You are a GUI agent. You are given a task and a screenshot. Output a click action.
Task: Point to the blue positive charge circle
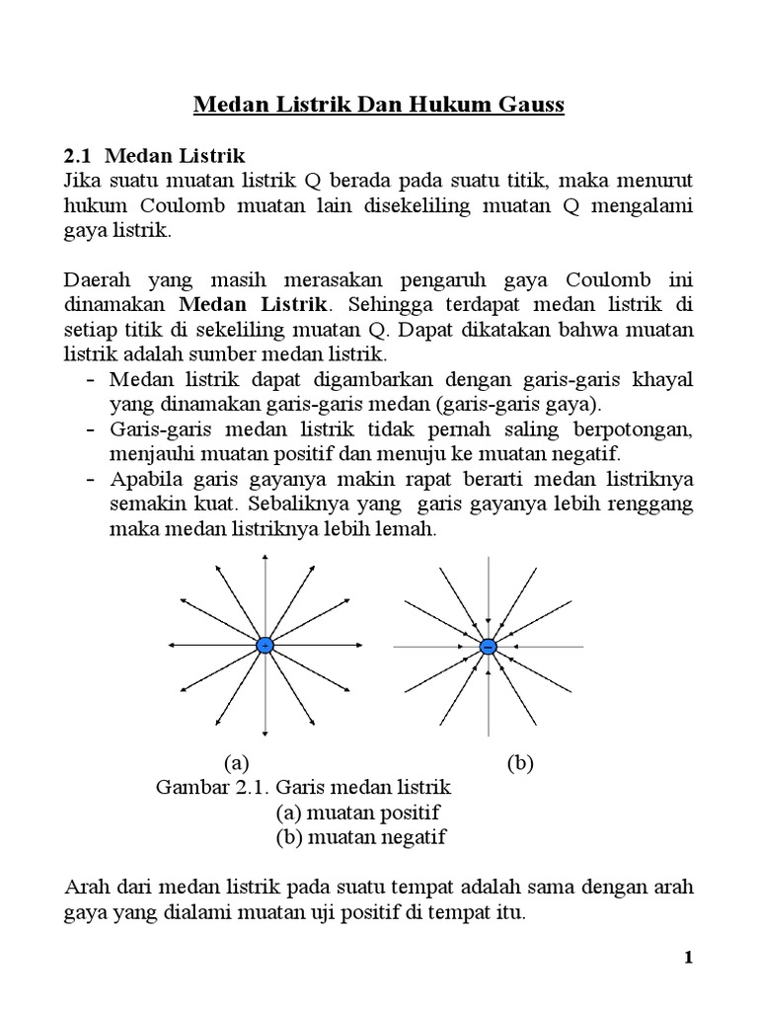[265, 646]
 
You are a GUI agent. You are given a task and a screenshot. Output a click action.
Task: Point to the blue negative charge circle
[488, 646]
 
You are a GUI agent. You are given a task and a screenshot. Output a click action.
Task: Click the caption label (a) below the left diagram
[235, 763]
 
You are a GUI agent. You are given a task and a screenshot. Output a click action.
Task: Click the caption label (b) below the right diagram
[520, 763]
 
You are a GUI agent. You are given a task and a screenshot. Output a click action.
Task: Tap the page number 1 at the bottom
[690, 959]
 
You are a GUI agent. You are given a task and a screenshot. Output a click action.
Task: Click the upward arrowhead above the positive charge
[265, 560]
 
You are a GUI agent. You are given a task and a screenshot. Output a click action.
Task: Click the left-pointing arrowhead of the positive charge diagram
[172, 646]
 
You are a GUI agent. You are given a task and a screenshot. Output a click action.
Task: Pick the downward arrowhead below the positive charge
[265, 732]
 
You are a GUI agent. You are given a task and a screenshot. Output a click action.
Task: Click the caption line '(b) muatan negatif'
[360, 837]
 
